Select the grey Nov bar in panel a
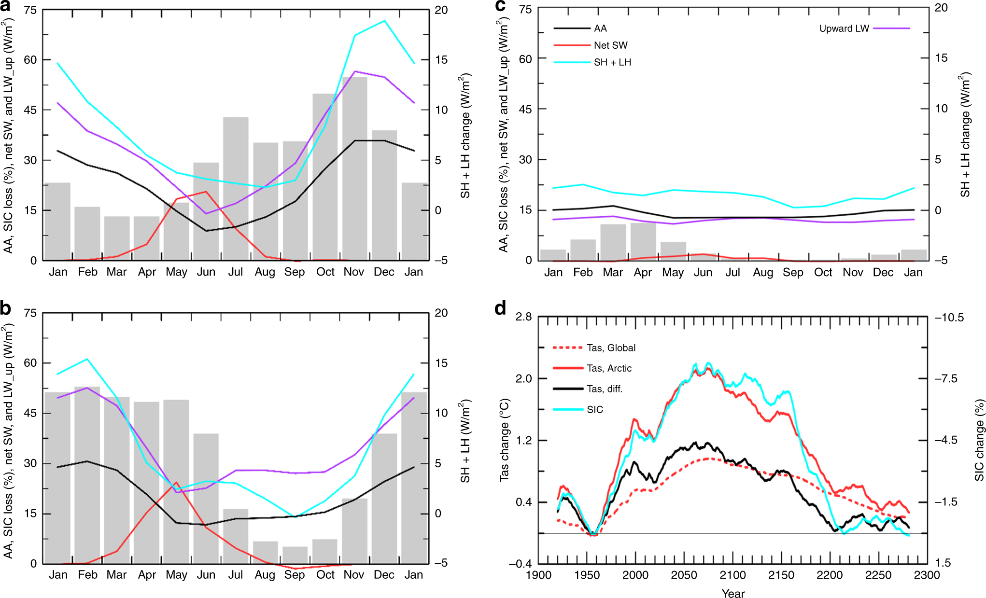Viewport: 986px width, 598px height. click(x=355, y=169)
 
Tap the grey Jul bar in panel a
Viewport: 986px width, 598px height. click(x=236, y=188)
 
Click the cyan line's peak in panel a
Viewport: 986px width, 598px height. click(x=384, y=21)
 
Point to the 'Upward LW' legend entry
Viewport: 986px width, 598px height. click(x=844, y=28)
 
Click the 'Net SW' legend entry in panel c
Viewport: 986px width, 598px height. click(x=610, y=45)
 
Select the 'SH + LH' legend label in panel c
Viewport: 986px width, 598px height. click(x=612, y=62)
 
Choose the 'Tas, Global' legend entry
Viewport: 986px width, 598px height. click(x=611, y=348)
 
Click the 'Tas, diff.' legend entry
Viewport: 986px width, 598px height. click(x=605, y=389)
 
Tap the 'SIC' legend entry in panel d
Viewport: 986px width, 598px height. click(x=595, y=410)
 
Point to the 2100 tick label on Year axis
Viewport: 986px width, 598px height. click(x=732, y=575)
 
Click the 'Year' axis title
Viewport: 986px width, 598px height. click(x=733, y=593)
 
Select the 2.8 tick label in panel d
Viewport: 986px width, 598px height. click(x=523, y=317)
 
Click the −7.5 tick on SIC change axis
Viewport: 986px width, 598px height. click(x=946, y=379)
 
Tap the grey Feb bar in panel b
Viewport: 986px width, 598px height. click(x=87, y=475)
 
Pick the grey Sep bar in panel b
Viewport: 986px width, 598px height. click(x=295, y=555)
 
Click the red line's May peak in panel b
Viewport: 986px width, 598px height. click(x=176, y=483)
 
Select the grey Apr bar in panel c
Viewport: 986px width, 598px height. click(x=643, y=241)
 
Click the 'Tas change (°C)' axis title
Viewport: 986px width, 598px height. click(x=504, y=440)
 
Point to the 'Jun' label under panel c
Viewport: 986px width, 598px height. click(x=703, y=273)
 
